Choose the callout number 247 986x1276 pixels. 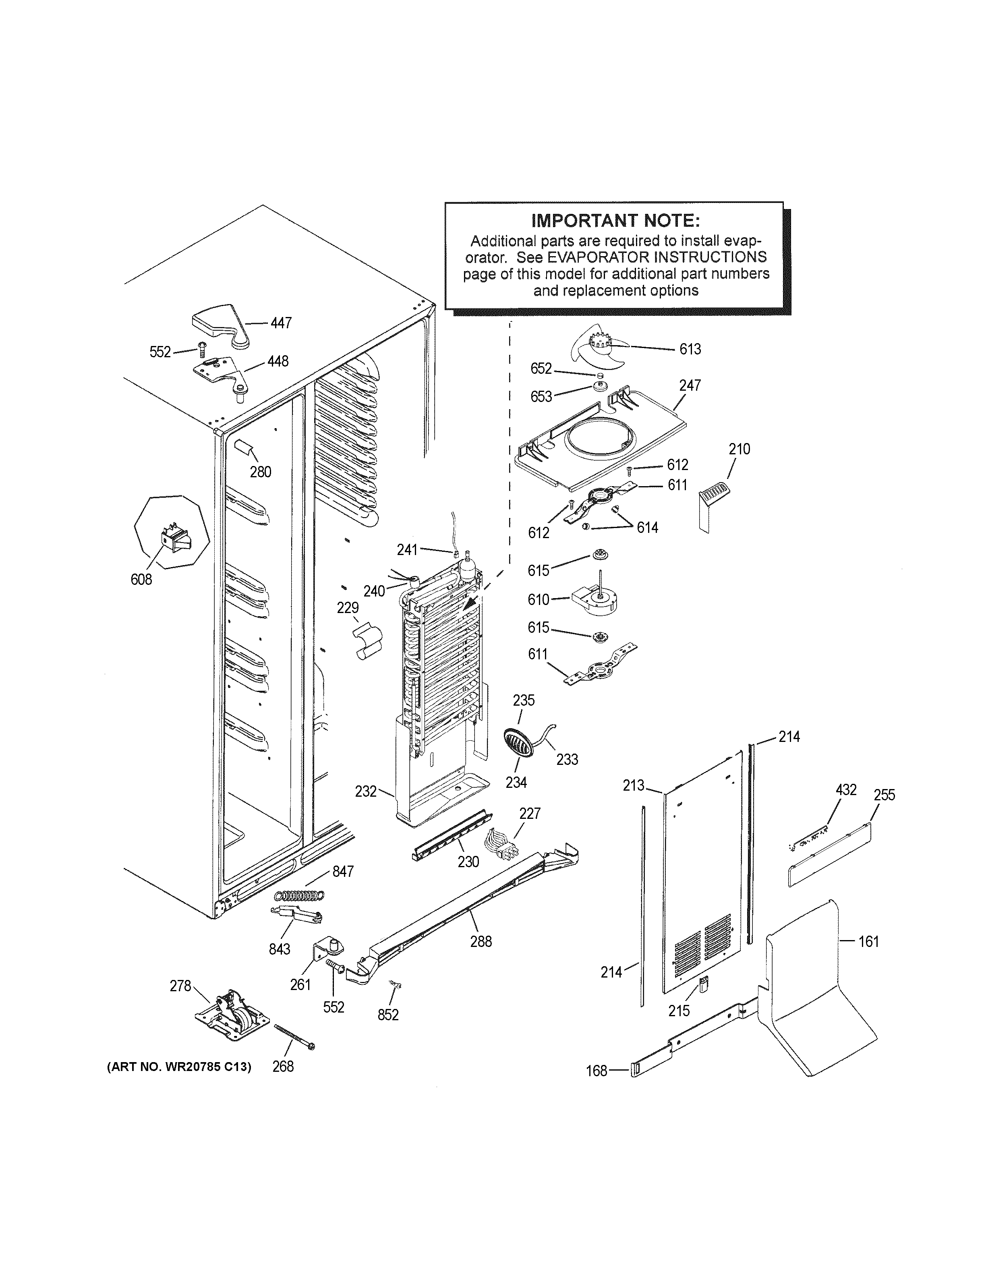point(690,385)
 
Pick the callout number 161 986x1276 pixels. point(869,941)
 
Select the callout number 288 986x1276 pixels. point(481,941)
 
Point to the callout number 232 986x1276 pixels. point(366,791)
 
